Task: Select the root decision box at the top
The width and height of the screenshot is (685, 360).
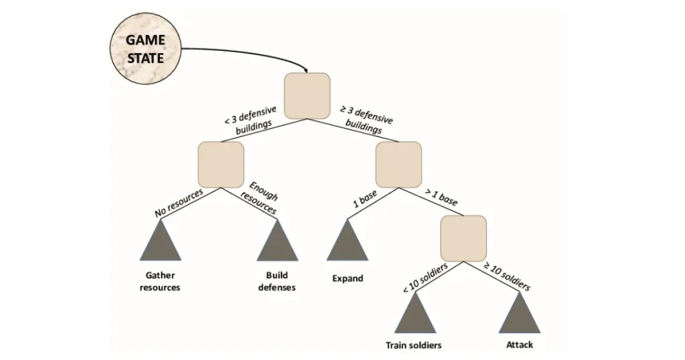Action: tap(307, 95)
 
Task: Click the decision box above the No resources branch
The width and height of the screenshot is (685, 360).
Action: tap(221, 165)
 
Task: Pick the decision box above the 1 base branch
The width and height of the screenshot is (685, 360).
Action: tap(398, 165)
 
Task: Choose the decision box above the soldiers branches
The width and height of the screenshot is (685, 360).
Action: tap(463, 239)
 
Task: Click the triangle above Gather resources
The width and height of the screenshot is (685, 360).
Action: tap(160, 244)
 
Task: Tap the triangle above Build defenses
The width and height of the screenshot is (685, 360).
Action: tap(277, 244)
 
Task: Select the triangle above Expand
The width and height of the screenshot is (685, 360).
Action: tap(347, 244)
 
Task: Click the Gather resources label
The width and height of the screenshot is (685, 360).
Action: tap(160, 282)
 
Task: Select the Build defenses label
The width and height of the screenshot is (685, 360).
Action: tap(277, 282)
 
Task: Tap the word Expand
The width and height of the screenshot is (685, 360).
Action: tap(347, 278)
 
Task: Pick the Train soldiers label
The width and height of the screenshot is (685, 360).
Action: tap(414, 346)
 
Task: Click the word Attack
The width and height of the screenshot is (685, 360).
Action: tap(519, 346)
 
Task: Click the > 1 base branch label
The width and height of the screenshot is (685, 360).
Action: tap(442, 195)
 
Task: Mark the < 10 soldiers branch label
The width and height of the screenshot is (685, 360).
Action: tap(425, 277)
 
